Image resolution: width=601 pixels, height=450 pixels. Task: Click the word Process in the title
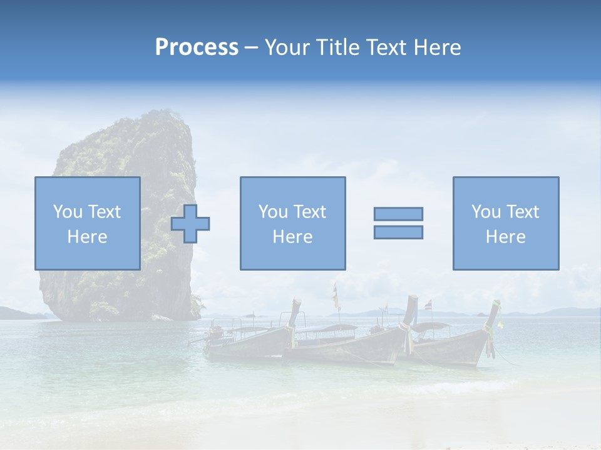coord(197,47)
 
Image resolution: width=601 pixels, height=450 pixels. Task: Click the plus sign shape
coord(190,224)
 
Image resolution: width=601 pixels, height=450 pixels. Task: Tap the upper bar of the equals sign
coord(398,214)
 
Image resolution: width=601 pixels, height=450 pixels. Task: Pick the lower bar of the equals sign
coord(398,232)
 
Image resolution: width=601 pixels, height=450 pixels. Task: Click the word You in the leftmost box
coord(67,212)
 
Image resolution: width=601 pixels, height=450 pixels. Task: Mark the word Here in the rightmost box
coord(505,237)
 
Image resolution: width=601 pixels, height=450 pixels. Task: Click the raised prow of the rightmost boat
coord(495,312)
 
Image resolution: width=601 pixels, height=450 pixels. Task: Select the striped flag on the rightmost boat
coord(428,305)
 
